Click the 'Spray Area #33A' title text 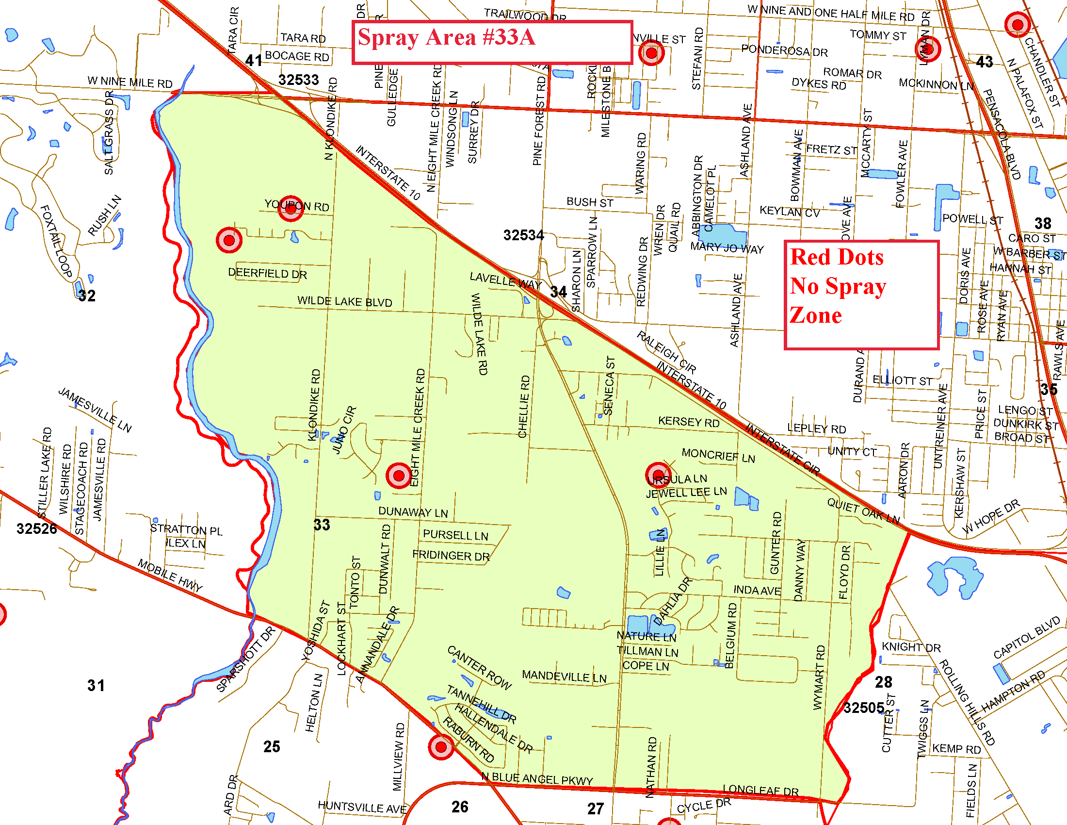pyautogui.click(x=446, y=38)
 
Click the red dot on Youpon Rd pyautogui.click(x=291, y=207)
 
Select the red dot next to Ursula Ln pyautogui.click(x=658, y=475)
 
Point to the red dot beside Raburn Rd pyautogui.click(x=441, y=746)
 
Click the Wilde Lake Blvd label pyautogui.click(x=344, y=301)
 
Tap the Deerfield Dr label pyautogui.click(x=267, y=273)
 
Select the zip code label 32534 pyautogui.click(x=523, y=235)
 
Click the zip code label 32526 pyautogui.click(x=37, y=528)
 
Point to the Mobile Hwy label pyautogui.click(x=170, y=575)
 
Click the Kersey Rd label pyautogui.click(x=688, y=422)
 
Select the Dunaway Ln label pyautogui.click(x=413, y=512)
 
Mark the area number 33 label pyautogui.click(x=322, y=525)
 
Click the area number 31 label pyautogui.click(x=96, y=685)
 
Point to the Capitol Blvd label pyautogui.click(x=1026, y=637)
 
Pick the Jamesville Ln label pyautogui.click(x=95, y=410)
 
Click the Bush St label pyautogui.click(x=590, y=202)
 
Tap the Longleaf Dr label pyautogui.click(x=760, y=790)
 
